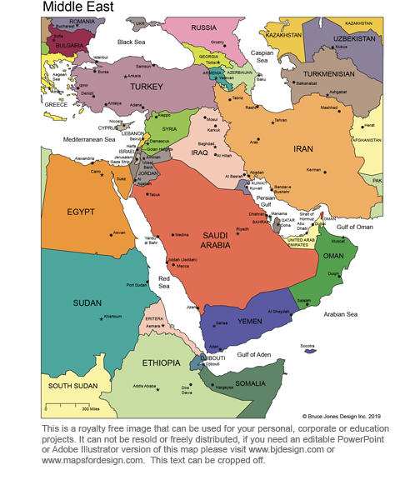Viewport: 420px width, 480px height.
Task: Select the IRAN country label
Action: [x=302, y=149]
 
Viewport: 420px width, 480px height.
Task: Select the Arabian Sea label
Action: [x=339, y=314]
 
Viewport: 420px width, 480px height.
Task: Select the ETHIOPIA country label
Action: [x=161, y=363]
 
